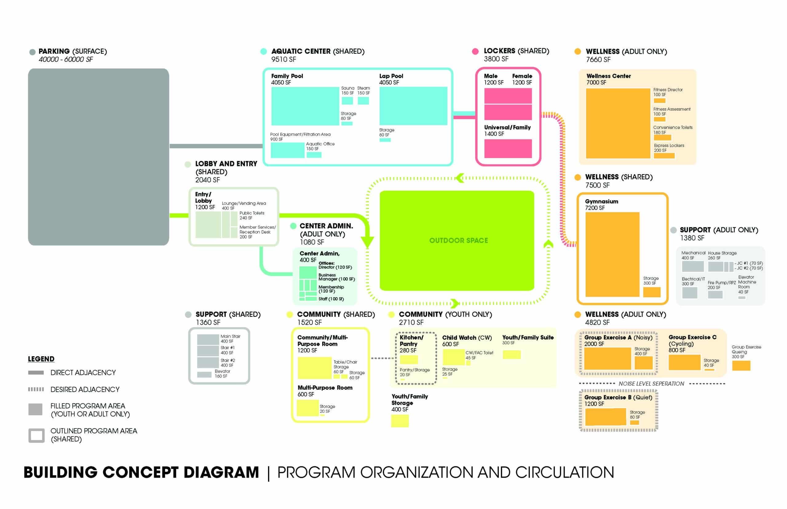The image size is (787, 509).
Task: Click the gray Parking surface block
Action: tap(98, 157)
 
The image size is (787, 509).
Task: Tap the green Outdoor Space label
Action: tap(458, 240)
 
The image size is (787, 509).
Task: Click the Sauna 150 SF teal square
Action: tap(347, 101)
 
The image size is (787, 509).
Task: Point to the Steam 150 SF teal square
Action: tap(363, 101)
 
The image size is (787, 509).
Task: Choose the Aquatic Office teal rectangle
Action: tap(314, 154)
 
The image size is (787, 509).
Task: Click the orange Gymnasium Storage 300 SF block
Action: tap(651, 292)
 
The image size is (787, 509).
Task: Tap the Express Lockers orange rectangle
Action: tap(664, 155)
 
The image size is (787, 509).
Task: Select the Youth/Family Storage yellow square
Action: tap(400, 421)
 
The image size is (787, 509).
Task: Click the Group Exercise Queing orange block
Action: tap(741, 365)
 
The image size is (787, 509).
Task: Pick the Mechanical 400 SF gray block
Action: tap(692, 266)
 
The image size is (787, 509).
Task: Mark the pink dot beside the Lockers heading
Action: tap(475, 51)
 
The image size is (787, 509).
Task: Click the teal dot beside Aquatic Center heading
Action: tap(263, 51)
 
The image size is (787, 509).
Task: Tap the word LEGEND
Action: tap(41, 359)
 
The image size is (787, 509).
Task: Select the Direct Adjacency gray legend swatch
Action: tap(36, 373)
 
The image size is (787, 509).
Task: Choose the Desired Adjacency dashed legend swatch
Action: tap(36, 389)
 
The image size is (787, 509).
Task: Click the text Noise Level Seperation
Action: tap(651, 383)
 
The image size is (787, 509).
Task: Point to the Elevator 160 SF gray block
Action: tap(204, 374)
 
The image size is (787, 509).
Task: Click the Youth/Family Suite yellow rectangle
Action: tap(511, 355)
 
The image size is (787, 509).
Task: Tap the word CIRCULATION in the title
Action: tap(564, 472)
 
